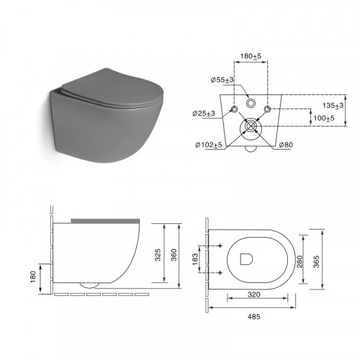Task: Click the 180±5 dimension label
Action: click(x=251, y=56)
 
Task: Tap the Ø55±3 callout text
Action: click(x=222, y=80)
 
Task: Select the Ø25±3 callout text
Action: click(x=204, y=114)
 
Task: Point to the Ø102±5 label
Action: click(x=209, y=145)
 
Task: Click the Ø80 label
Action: click(x=286, y=145)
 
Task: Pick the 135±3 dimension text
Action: click(x=333, y=106)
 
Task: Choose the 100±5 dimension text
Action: click(x=324, y=118)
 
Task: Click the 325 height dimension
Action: click(x=158, y=255)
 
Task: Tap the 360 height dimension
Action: click(x=174, y=255)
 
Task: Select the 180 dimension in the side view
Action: click(x=33, y=276)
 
